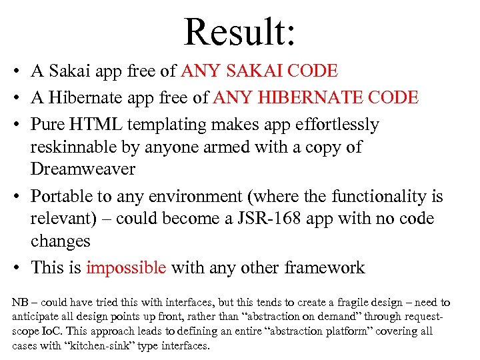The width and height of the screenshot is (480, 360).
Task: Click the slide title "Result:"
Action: [x=239, y=31]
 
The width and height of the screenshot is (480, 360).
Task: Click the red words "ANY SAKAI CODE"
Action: [x=259, y=71]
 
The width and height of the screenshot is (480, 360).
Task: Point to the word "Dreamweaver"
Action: [x=83, y=169]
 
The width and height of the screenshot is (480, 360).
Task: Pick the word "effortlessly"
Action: [x=331, y=125]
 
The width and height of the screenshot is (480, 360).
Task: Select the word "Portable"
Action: [x=62, y=197]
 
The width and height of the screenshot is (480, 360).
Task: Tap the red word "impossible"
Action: [x=126, y=268]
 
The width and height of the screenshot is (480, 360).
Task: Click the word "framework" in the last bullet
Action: [x=325, y=268]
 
